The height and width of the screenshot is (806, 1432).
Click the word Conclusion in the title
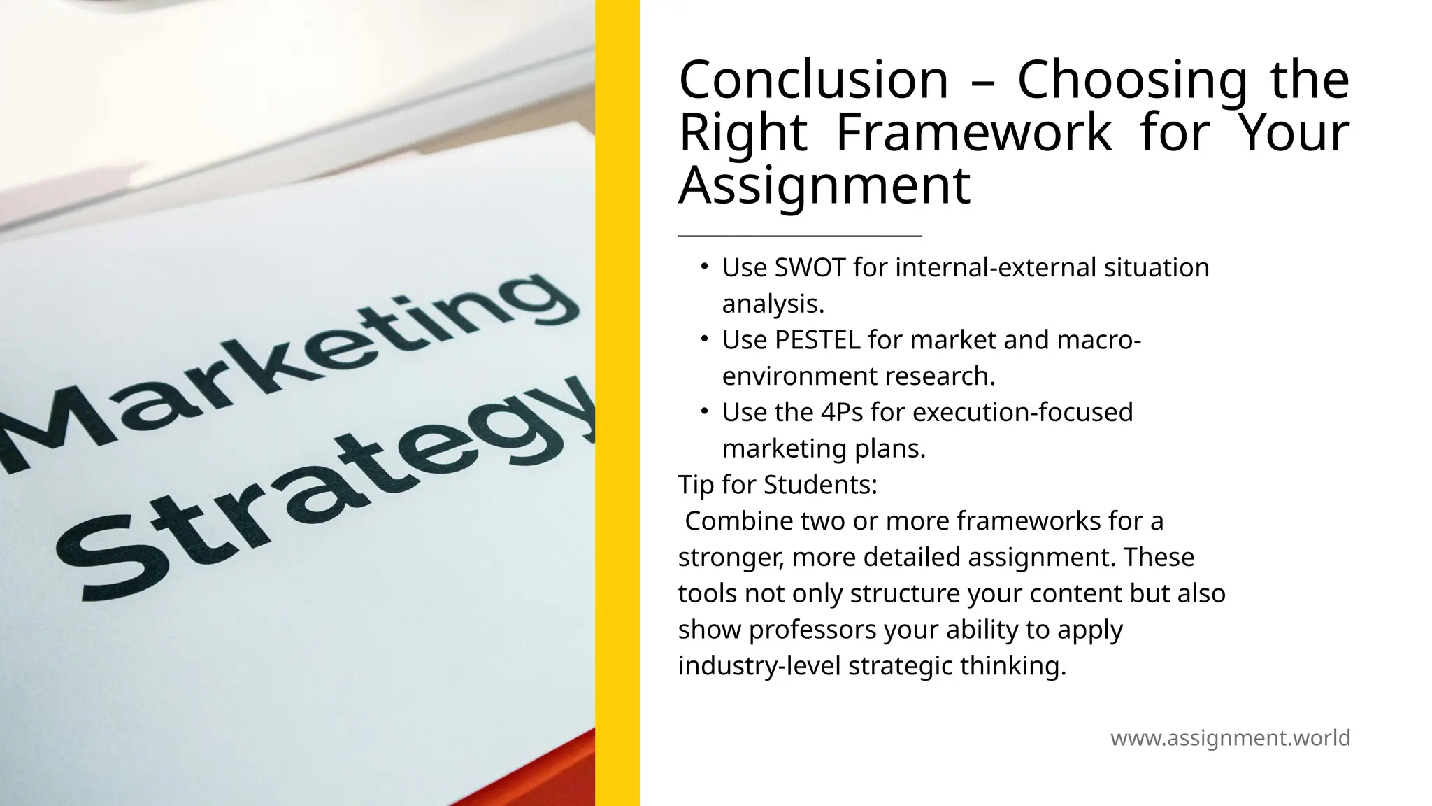point(813,80)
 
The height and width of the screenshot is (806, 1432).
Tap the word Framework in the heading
point(974,132)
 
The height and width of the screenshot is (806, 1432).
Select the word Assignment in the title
point(824,185)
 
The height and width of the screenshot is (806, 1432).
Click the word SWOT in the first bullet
point(810,268)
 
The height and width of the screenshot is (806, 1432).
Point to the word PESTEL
point(817,340)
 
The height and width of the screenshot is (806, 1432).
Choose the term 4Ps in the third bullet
point(842,413)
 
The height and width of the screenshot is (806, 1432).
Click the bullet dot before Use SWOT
point(705,267)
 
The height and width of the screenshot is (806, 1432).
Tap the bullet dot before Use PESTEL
point(705,339)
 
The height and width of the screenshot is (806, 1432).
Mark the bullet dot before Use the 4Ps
point(705,411)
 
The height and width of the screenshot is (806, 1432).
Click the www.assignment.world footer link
point(1230,738)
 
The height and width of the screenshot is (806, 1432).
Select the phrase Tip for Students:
point(778,485)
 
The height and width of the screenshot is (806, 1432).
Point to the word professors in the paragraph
point(812,630)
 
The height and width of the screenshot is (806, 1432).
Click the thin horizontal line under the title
point(799,236)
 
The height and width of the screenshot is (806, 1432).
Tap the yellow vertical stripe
point(617,403)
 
